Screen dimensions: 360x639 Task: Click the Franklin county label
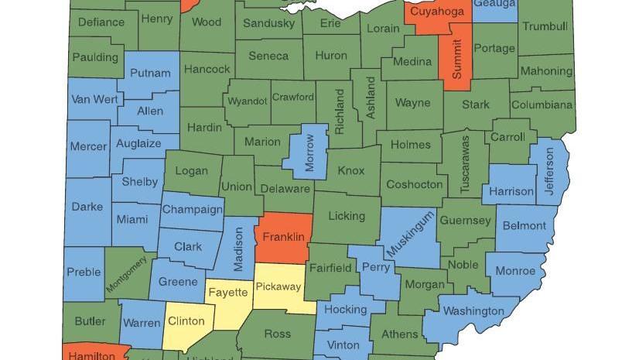coord(283,236)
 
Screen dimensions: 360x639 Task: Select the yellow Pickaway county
coord(278,288)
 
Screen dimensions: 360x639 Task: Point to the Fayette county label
coord(227,292)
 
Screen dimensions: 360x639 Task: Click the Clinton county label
coord(186,321)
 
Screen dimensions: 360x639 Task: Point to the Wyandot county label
coord(247,101)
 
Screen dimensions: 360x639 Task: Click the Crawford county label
coord(292,97)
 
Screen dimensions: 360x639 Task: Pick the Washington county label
coord(473,311)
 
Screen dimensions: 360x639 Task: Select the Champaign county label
coord(193,209)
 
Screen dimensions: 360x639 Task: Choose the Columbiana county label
coord(542,105)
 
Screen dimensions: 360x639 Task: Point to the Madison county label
coord(239,249)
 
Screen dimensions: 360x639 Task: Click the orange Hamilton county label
coord(92,355)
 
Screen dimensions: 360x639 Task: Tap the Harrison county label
coord(511,190)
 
